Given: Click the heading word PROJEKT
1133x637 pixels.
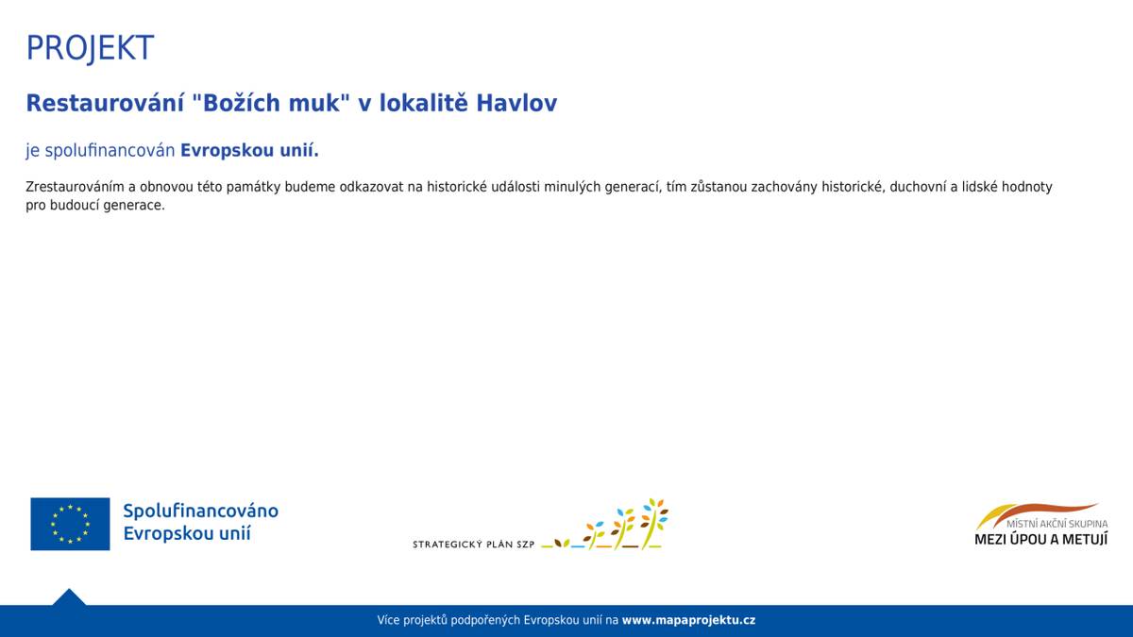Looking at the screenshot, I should tap(90, 48).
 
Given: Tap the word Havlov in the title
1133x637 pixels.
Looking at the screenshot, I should tap(516, 104).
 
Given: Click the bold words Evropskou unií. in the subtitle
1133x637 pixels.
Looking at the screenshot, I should tap(249, 151).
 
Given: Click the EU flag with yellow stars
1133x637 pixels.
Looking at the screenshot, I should tap(70, 524).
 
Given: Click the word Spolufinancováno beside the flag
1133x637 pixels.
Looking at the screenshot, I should tap(200, 511).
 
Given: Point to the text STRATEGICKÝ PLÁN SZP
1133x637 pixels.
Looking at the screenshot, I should tap(474, 545).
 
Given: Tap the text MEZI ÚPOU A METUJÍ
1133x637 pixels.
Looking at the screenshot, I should tap(1040, 540).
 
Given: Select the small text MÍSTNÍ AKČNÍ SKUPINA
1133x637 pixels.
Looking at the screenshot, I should tap(1057, 524).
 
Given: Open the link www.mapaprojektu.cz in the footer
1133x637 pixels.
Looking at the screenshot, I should tap(688, 621).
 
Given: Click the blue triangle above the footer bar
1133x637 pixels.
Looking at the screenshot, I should tap(69, 597).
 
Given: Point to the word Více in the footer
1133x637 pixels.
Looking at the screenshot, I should tap(388, 621).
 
